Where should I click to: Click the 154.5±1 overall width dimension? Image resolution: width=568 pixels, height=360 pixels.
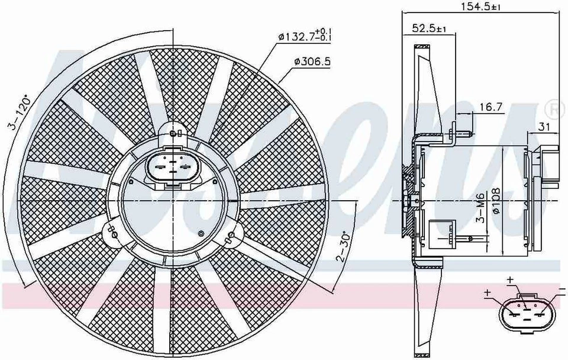(480, 8)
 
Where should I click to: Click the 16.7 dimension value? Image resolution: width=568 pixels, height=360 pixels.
(491, 107)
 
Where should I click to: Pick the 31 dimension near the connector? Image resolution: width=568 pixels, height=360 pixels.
(544, 127)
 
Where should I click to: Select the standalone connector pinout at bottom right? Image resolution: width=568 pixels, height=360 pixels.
(525, 311)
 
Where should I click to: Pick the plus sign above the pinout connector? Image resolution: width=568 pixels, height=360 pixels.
(510, 278)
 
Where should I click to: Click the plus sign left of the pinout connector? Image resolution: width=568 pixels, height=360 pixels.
(488, 292)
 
